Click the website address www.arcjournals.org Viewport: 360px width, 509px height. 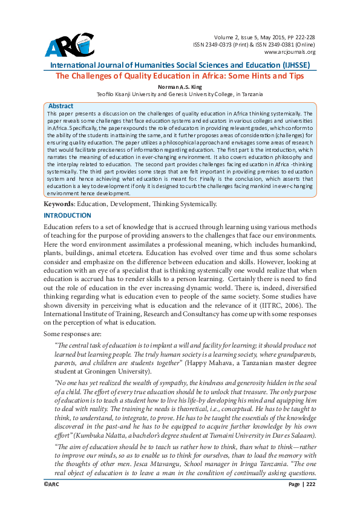pyautogui.click(x=290, y=52)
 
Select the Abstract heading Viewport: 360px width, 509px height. pyautogui.click(x=61, y=105)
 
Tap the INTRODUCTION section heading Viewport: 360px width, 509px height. pyautogui.click(x=67, y=215)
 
